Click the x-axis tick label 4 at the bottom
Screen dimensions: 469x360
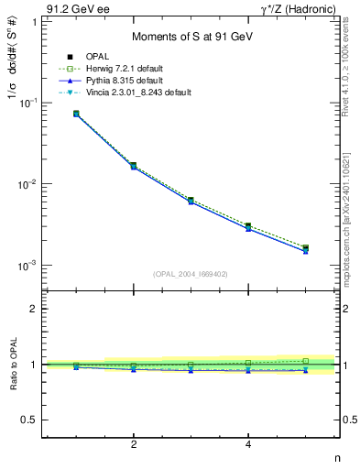pyautogui.click(x=248, y=444)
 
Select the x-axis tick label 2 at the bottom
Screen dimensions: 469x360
pyautogui.click(x=134, y=444)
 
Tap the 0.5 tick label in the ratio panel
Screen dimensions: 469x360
pyautogui.click(x=28, y=420)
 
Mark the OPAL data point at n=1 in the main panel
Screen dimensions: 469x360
pyautogui.click(x=76, y=114)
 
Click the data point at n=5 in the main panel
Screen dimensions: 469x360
pyautogui.click(x=305, y=248)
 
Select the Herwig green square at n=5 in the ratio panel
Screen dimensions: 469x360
pyautogui.click(x=305, y=361)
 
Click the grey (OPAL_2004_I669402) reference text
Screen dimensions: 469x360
pyautogui.click(x=191, y=273)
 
